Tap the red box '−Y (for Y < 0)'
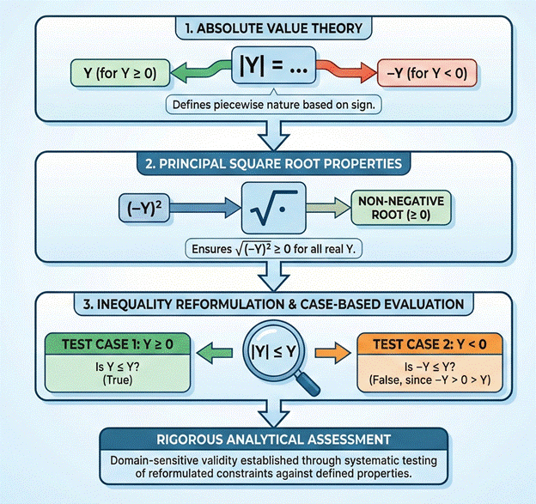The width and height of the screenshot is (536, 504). (424, 73)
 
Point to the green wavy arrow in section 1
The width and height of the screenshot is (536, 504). (199, 70)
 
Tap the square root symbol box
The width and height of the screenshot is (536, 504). (267, 206)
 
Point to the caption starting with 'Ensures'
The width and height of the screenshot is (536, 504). (267, 250)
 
